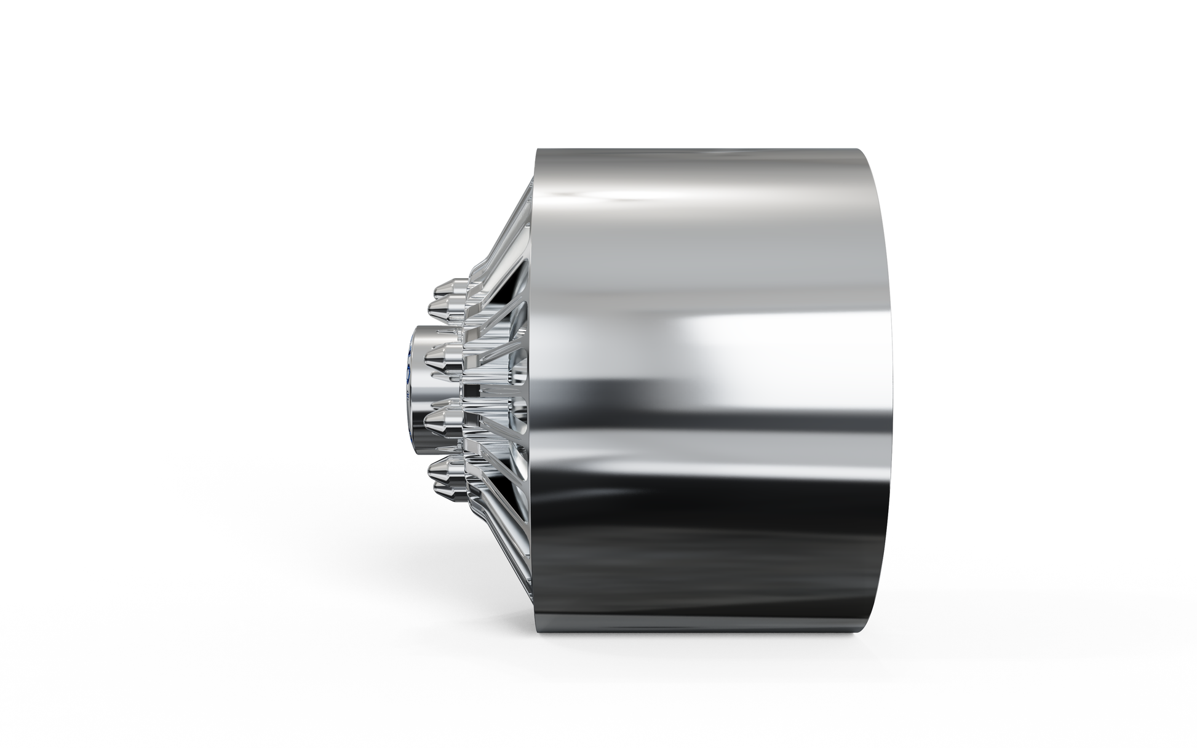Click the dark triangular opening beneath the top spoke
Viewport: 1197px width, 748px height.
tap(520, 289)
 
